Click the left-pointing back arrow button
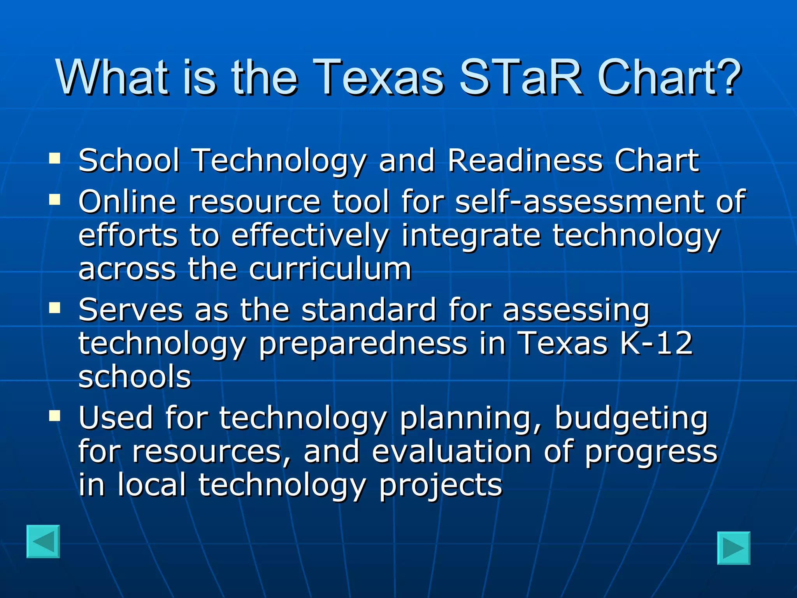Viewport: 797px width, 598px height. pos(43,542)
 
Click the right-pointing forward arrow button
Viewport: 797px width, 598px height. pos(734,548)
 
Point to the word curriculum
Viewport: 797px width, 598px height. pos(330,269)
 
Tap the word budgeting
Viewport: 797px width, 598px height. pos(631,418)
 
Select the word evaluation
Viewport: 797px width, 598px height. pos(451,452)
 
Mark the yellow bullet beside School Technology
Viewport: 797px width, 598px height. pos(55,158)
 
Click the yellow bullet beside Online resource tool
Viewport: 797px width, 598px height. pos(55,199)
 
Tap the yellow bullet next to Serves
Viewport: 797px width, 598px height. pos(55,308)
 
